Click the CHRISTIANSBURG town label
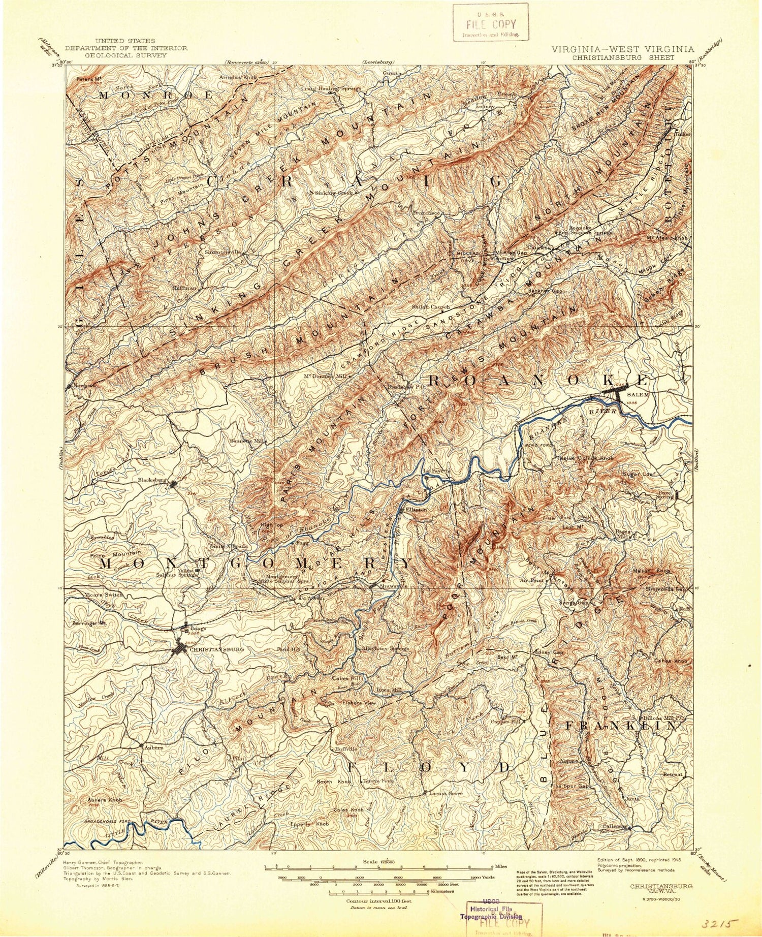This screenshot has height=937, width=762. (216, 649)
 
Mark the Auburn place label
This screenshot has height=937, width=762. (154, 747)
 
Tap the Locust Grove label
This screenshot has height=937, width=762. (446, 793)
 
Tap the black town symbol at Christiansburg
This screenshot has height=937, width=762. (179, 649)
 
